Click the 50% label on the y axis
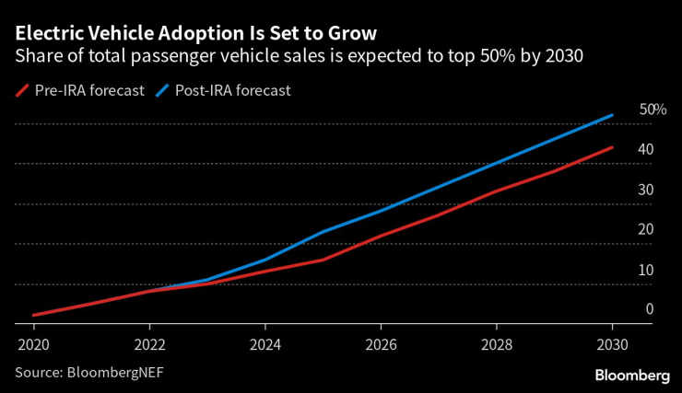click(653, 110)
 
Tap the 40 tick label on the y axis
click(646, 150)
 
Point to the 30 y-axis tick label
click(646, 191)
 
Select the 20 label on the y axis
click(646, 230)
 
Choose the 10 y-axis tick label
click(646, 271)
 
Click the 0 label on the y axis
click(650, 310)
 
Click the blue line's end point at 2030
click(613, 115)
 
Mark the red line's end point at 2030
click(613, 147)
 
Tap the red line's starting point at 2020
click(34, 315)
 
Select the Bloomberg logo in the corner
click(632, 375)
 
